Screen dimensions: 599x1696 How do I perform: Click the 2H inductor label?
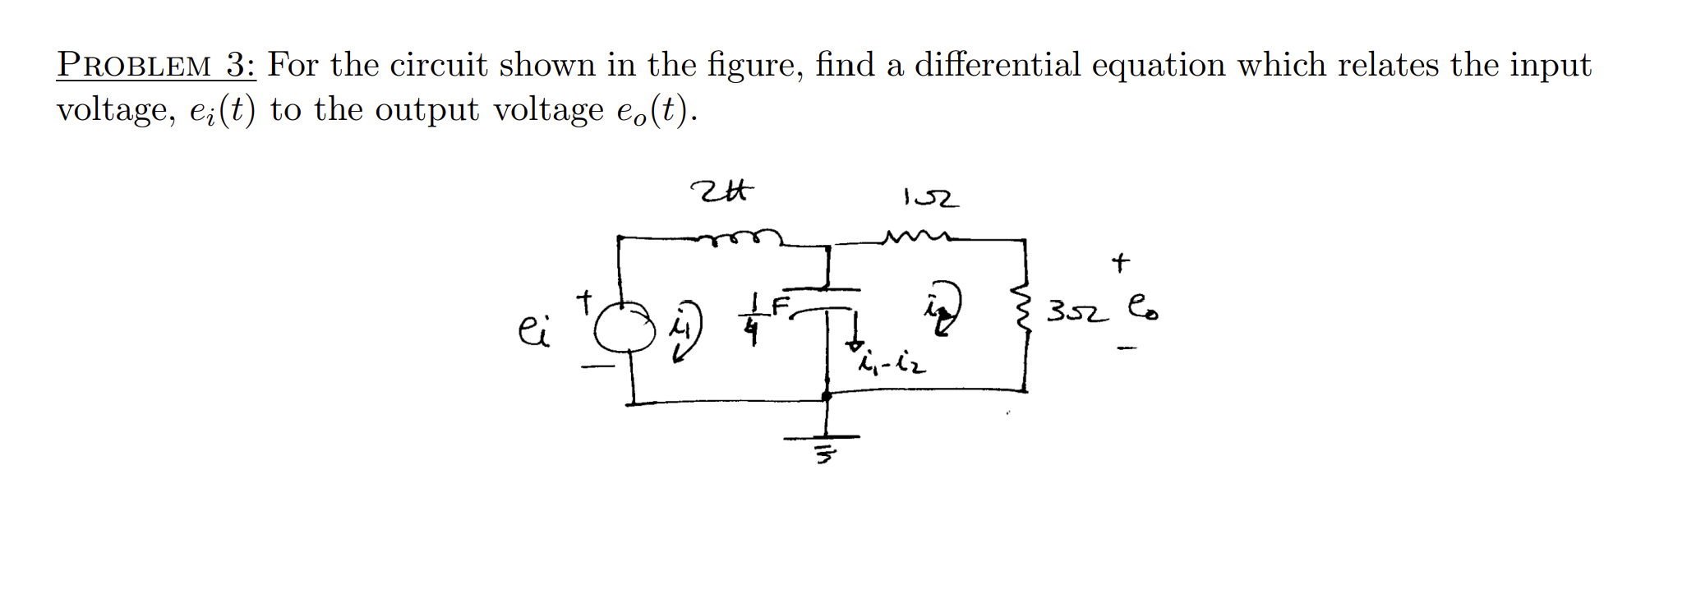point(721,192)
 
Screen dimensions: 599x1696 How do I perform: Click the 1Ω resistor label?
point(930,198)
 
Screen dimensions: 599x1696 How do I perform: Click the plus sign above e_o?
point(1120,263)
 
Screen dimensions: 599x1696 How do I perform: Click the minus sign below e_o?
point(1127,349)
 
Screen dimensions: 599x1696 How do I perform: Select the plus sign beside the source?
point(584,301)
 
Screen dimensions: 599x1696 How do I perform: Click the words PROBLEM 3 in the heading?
point(156,65)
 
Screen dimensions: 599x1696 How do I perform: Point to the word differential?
point(998,65)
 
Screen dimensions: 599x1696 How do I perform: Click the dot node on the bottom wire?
point(827,396)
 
